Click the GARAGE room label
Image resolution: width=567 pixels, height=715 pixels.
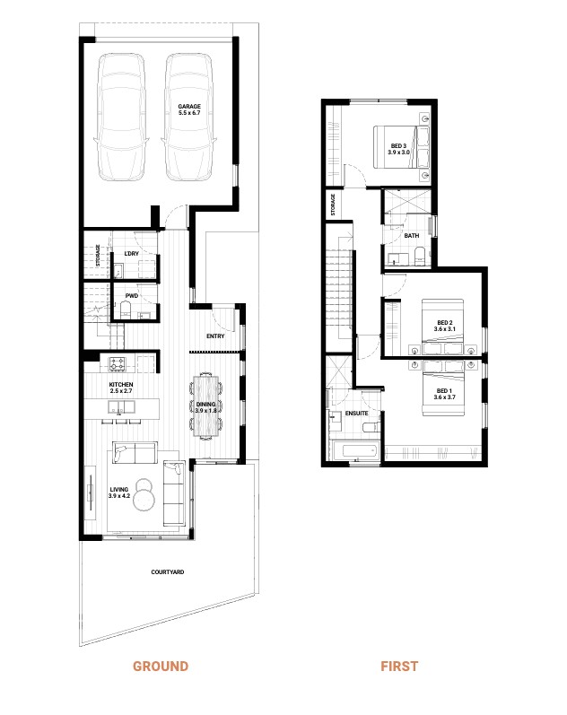(x=189, y=109)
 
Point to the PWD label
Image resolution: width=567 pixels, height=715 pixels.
(x=131, y=293)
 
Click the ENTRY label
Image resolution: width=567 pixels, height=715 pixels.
(x=215, y=336)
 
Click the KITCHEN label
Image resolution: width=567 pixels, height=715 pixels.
(x=121, y=388)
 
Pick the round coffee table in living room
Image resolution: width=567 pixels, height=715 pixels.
(x=147, y=495)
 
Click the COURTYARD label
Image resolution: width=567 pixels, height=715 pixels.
(x=168, y=571)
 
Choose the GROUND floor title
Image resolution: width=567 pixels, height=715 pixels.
(x=161, y=667)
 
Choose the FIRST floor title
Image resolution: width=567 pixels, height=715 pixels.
(x=398, y=667)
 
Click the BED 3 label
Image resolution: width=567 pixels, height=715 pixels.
(x=398, y=149)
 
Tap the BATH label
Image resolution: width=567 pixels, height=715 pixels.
(x=411, y=236)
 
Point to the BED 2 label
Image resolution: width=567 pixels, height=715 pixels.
(x=446, y=326)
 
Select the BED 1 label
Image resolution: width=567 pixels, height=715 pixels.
(x=445, y=394)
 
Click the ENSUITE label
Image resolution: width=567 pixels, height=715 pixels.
(x=356, y=414)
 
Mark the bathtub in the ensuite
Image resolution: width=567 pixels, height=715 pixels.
(x=354, y=451)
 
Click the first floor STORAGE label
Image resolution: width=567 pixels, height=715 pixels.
(x=333, y=205)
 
